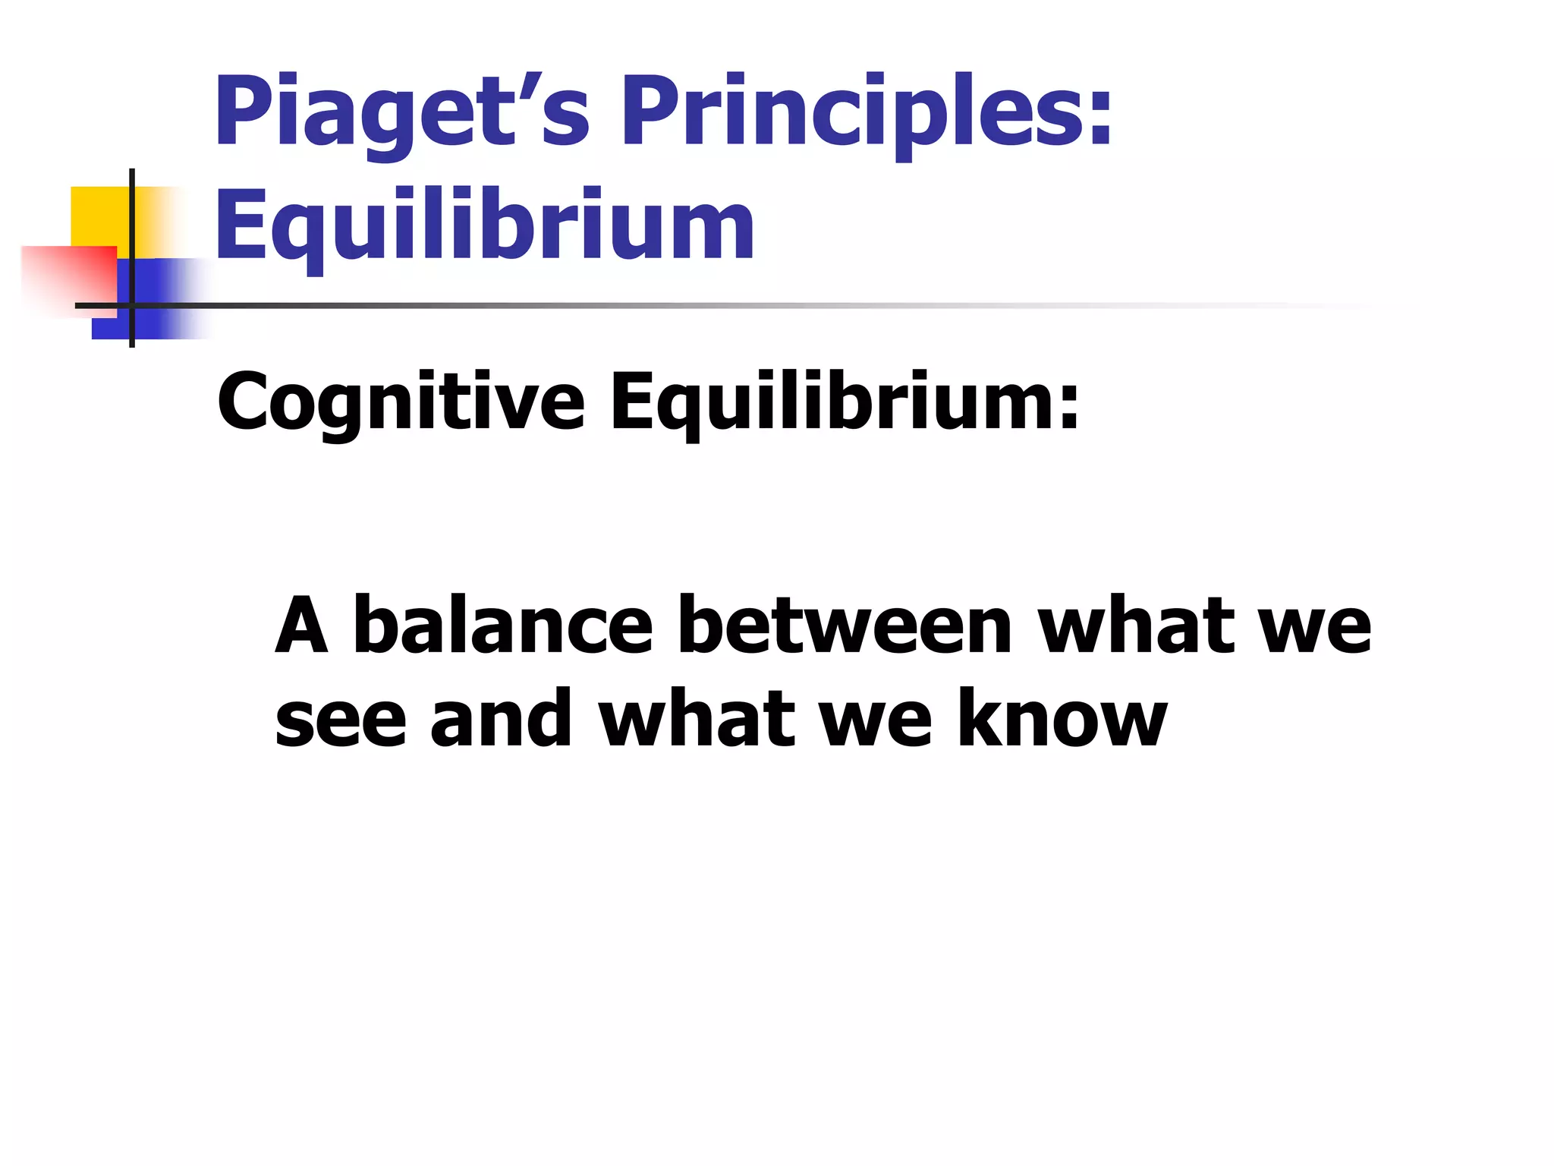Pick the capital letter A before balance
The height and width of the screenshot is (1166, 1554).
click(301, 626)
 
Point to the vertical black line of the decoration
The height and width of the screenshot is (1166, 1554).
click(132, 228)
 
